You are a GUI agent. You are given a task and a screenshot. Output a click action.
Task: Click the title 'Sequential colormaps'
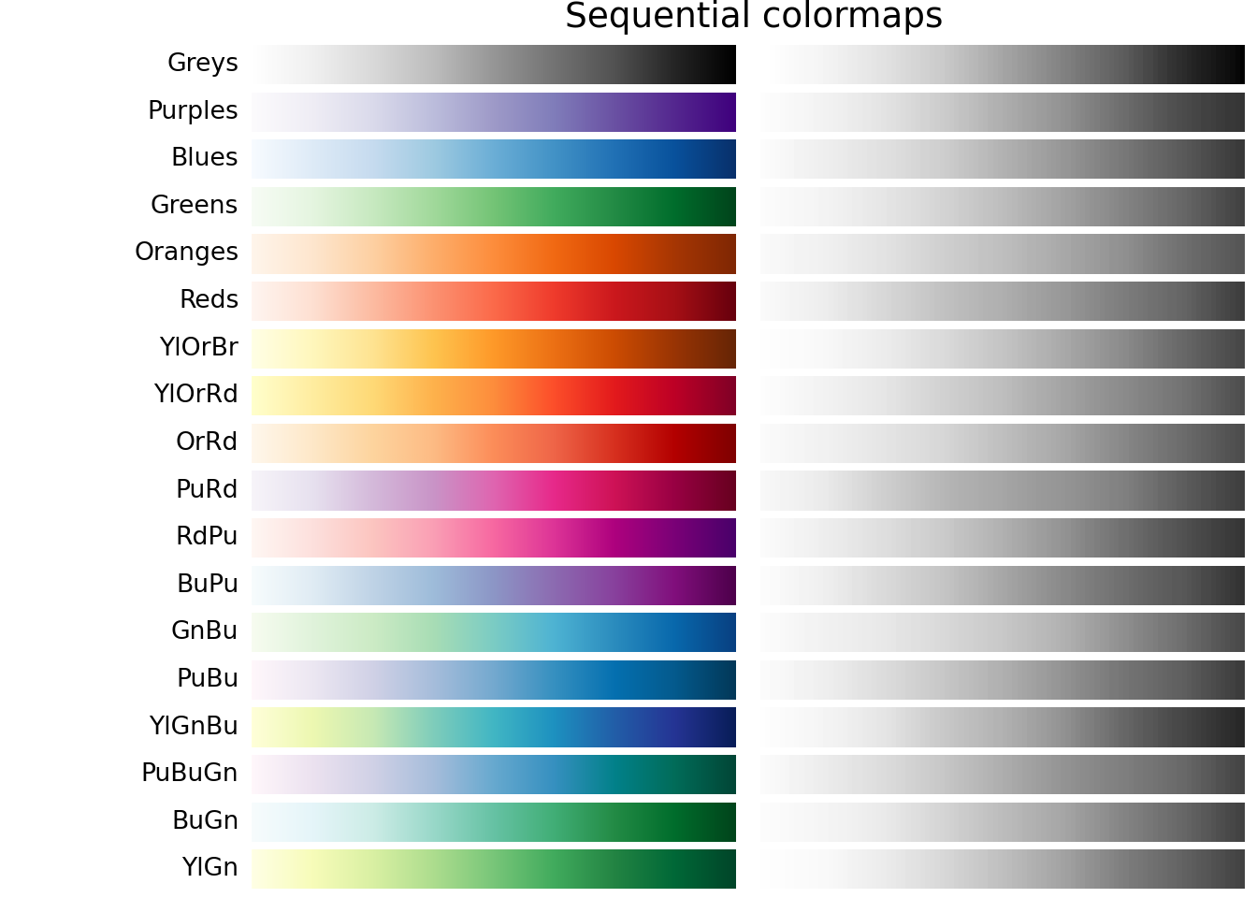click(x=753, y=17)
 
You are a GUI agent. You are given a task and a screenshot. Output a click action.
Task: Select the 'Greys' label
click(x=202, y=64)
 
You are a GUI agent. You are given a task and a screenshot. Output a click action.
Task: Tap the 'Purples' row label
click(x=193, y=111)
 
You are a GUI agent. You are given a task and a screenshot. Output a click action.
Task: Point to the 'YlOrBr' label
click(x=198, y=348)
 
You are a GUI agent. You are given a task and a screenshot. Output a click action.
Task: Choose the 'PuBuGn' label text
click(x=189, y=774)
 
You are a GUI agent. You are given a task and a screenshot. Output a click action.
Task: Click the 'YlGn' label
click(x=209, y=868)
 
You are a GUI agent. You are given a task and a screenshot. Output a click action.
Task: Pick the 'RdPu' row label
click(x=207, y=537)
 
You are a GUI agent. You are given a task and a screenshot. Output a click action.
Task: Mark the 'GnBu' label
click(x=204, y=631)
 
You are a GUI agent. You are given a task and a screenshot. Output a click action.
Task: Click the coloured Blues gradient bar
click(x=494, y=159)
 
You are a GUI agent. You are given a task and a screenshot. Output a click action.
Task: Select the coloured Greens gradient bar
click(x=494, y=206)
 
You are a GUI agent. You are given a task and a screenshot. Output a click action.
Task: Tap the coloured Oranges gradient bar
click(x=494, y=253)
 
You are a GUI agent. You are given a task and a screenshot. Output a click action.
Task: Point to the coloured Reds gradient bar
click(x=494, y=301)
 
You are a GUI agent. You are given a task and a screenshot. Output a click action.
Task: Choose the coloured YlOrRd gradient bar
click(x=494, y=396)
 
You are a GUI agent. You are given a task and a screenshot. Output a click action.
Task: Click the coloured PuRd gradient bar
click(x=494, y=490)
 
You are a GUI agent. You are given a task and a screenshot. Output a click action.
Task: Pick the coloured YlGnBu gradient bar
click(x=494, y=727)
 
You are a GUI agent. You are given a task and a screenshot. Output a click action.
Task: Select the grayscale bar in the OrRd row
click(x=1002, y=442)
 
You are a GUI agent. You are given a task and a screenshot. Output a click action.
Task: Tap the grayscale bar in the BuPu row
click(x=1002, y=585)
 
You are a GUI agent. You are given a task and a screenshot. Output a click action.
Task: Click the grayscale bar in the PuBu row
click(x=1002, y=679)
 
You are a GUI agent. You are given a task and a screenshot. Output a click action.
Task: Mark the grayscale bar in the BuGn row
click(x=1002, y=821)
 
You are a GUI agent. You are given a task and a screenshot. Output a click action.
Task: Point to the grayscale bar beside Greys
click(x=1002, y=65)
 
